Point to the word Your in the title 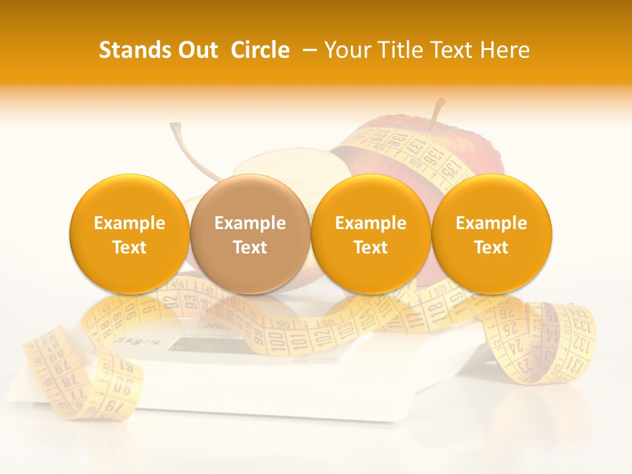pyautogui.click(x=348, y=50)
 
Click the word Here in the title pyautogui.click(x=506, y=50)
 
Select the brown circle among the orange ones pyautogui.click(x=250, y=234)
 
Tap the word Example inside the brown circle pyautogui.click(x=250, y=223)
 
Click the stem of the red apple pyautogui.click(x=436, y=112)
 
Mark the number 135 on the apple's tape pyautogui.click(x=448, y=172)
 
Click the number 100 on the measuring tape pyautogui.click(x=277, y=343)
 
